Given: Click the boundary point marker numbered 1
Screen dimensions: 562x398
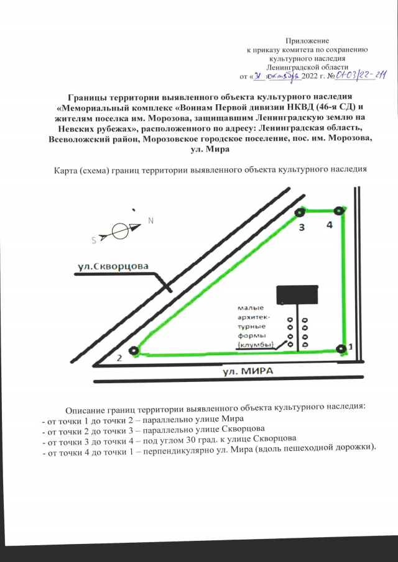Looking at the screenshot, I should (x=340, y=348).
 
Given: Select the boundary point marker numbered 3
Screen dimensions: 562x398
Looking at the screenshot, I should (x=298, y=214).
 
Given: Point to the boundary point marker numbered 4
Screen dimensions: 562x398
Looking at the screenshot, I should (x=338, y=211).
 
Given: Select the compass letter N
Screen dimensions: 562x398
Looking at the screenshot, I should (x=151, y=221).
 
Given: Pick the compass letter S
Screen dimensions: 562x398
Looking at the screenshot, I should (x=93, y=239).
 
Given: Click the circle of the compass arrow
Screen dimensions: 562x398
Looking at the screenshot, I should (x=122, y=230).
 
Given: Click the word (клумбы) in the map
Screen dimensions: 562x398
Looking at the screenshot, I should (x=256, y=345).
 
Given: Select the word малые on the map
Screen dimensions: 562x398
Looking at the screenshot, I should (x=251, y=307).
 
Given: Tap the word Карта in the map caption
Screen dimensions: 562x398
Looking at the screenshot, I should (x=69, y=169).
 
